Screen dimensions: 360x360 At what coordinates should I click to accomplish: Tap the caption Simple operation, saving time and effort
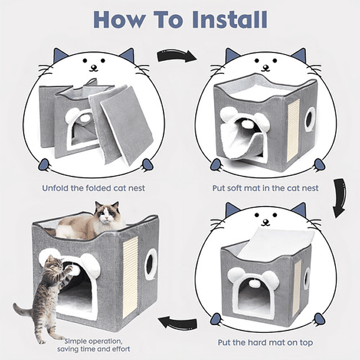pos(97,345)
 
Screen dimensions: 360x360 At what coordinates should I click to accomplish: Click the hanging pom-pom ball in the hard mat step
pos(254,283)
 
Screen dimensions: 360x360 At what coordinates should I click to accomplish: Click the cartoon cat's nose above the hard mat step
pos(265,222)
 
